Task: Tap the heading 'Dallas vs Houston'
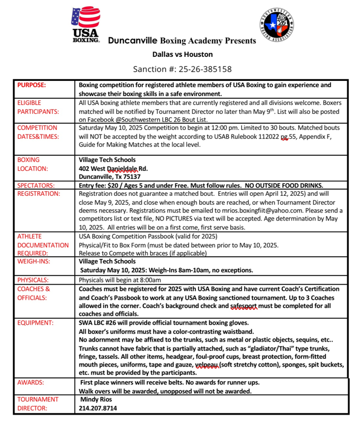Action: coord(183,55)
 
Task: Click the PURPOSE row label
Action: coord(32,85)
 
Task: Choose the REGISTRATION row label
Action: coord(39,194)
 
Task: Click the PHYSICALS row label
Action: coord(33,279)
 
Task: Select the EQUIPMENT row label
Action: coord(36,323)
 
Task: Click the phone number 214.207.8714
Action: coord(98,408)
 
